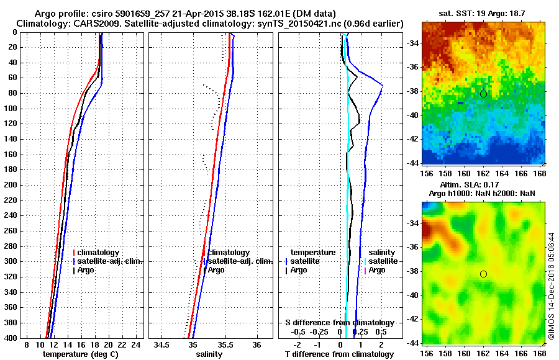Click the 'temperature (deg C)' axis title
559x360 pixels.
tap(80, 354)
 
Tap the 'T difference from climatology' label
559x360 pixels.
tap(339, 354)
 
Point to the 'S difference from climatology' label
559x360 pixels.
tap(339, 323)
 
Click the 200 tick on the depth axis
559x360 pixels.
tap(11, 185)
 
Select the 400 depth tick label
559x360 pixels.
tap(11, 338)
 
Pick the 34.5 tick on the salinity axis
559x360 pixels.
tap(163, 344)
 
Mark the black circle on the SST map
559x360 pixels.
tap(483, 94)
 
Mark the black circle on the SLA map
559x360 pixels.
tap(483, 274)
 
